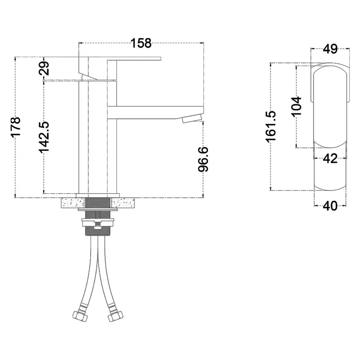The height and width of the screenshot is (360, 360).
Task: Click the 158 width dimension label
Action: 141,43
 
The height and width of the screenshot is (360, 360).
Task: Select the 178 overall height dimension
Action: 16,126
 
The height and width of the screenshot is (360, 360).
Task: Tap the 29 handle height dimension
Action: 44,68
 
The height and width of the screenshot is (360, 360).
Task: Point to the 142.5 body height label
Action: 44,137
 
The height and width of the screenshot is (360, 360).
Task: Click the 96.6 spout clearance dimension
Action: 203,159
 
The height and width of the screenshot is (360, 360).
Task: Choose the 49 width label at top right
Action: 330,49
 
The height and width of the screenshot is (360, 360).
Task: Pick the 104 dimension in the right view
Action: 297,107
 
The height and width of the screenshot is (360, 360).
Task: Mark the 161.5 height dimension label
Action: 271,126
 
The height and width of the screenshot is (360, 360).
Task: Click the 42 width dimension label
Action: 330,158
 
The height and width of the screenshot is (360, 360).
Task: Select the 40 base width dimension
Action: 330,206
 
